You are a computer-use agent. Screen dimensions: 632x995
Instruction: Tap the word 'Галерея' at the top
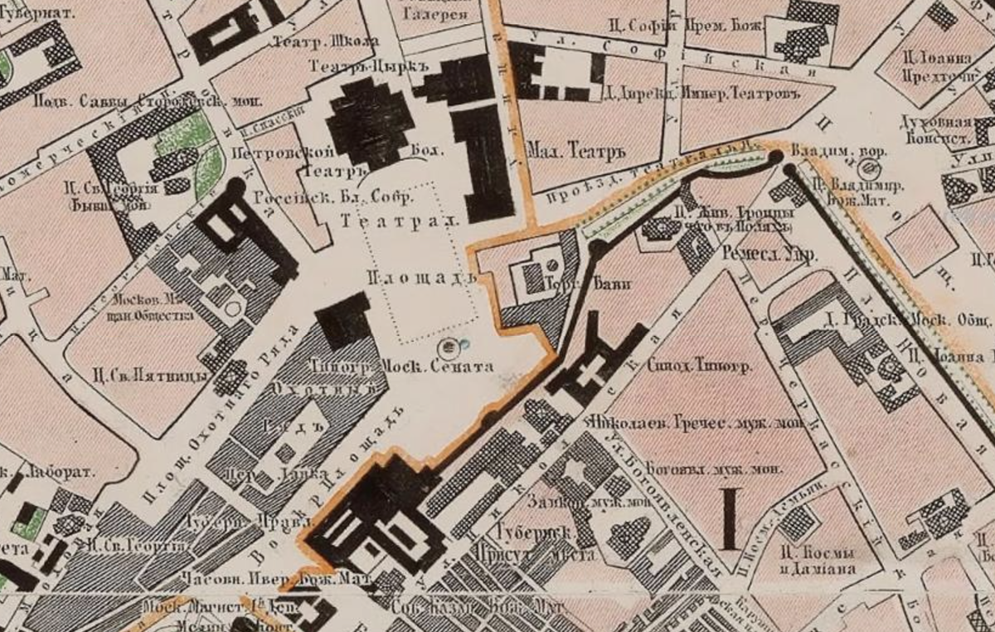pos(434,14)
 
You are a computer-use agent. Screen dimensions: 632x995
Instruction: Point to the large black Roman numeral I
pos(730,518)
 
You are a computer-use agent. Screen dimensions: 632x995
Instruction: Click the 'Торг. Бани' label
pos(588,284)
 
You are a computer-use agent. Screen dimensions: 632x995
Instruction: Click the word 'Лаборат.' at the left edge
pos(62,470)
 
